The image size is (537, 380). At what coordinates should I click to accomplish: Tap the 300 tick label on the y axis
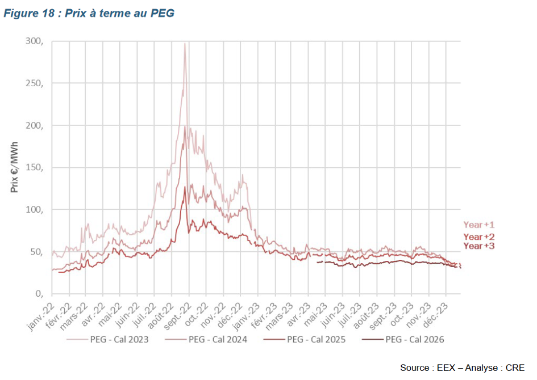(x=35, y=41)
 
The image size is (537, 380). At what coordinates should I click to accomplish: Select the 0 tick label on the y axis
(x=39, y=294)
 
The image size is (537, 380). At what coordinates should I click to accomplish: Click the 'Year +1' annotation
(x=479, y=225)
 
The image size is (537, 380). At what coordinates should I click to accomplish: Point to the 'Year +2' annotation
(x=479, y=237)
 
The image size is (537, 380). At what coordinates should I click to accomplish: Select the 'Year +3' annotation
(x=479, y=246)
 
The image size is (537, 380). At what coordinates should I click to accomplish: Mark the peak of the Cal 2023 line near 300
(x=185, y=44)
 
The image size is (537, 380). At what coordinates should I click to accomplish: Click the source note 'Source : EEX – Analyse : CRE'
(x=462, y=368)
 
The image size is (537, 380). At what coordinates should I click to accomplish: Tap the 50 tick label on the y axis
(x=37, y=251)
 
